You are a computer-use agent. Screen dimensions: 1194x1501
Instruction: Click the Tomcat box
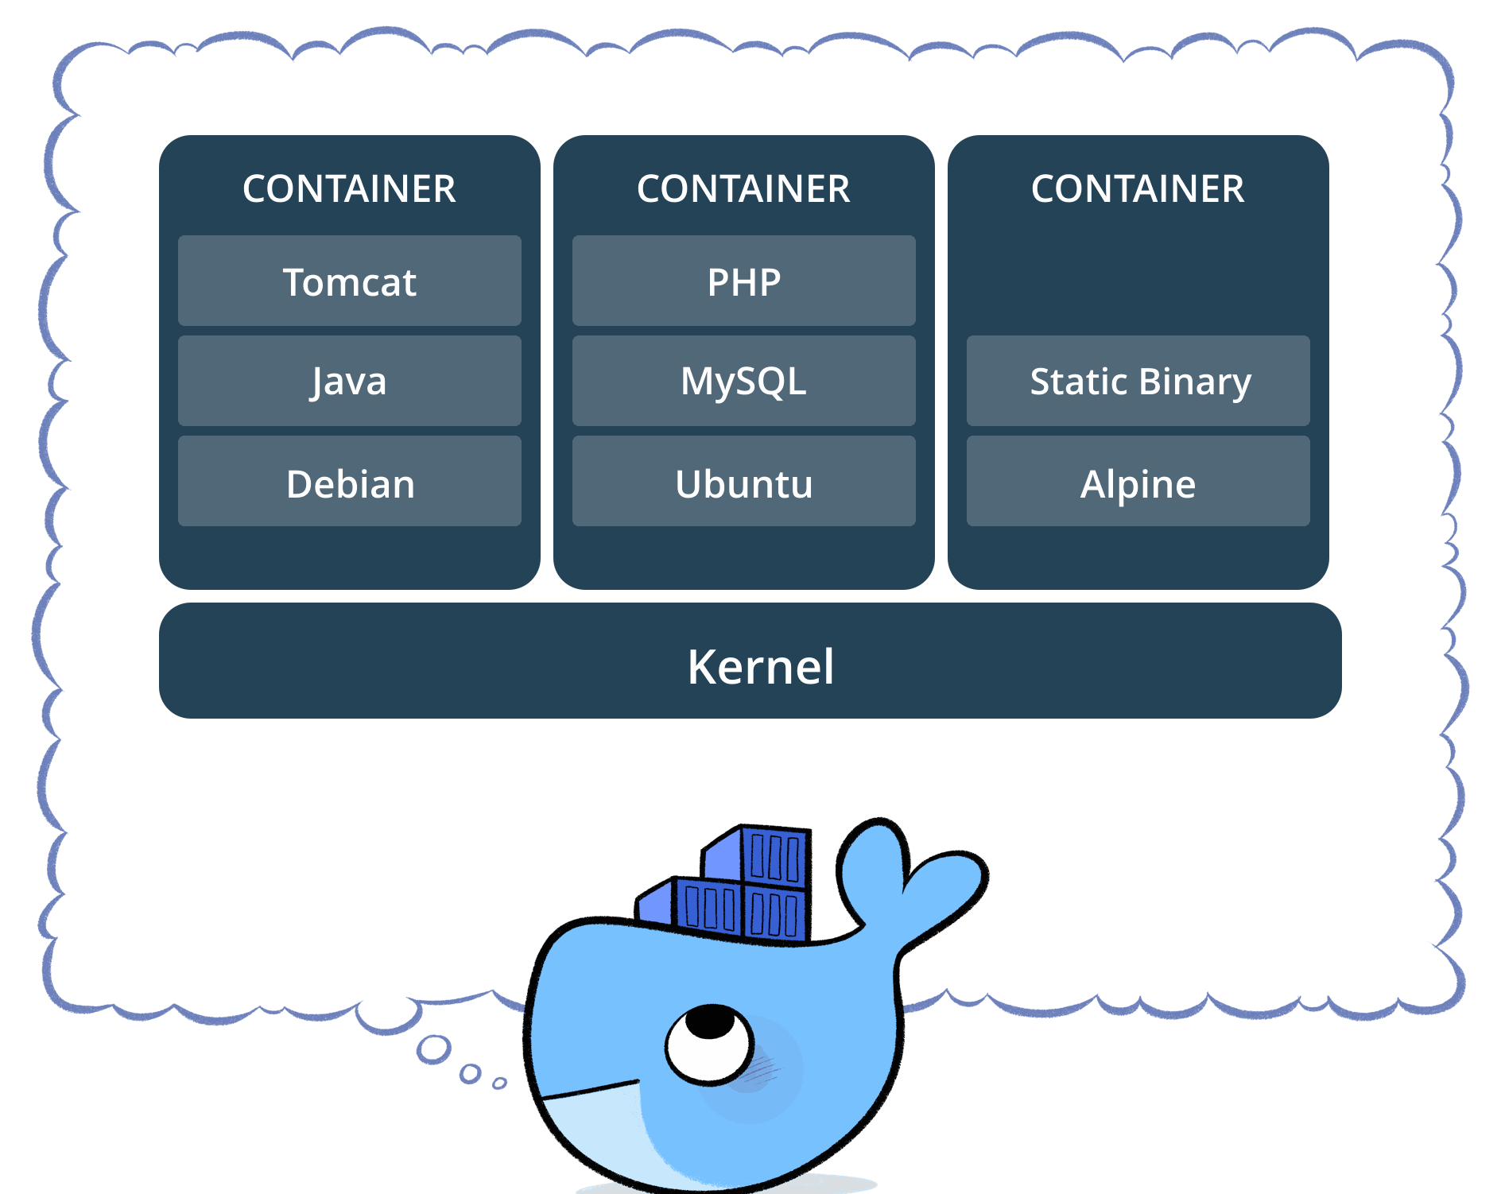tap(350, 281)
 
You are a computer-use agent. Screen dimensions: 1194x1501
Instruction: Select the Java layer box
tap(350, 381)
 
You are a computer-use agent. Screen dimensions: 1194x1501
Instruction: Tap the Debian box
tap(350, 482)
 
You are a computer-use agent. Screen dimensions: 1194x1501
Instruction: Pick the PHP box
tap(744, 281)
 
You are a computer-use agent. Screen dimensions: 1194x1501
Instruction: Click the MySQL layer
tap(744, 381)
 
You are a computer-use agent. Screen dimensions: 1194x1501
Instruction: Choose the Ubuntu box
tap(744, 482)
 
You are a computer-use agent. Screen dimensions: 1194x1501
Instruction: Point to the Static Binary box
tap(1138, 381)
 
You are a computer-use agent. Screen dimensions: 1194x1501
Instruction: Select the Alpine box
tap(1138, 482)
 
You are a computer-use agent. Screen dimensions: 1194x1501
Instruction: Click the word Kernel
tap(761, 666)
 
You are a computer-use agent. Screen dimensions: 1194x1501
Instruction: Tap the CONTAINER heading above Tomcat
tap(350, 189)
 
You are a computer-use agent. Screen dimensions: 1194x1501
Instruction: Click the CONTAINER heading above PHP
tap(744, 189)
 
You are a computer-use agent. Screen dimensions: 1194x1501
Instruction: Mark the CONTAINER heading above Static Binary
tap(1138, 189)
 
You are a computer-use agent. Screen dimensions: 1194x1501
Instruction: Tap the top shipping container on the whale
tap(773, 857)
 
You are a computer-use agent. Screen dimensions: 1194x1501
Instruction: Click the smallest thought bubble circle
tap(499, 1084)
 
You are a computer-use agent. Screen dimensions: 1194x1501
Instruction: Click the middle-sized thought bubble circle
tap(471, 1074)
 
